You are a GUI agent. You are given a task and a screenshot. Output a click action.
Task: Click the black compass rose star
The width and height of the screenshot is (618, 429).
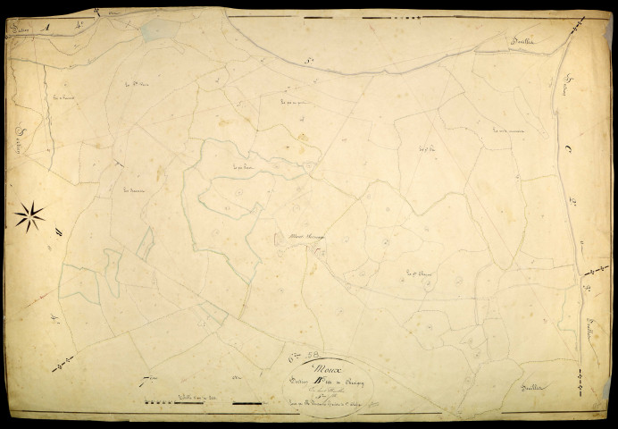point(29,215)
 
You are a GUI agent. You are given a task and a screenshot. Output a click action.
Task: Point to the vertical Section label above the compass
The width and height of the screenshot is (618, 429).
point(21,138)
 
